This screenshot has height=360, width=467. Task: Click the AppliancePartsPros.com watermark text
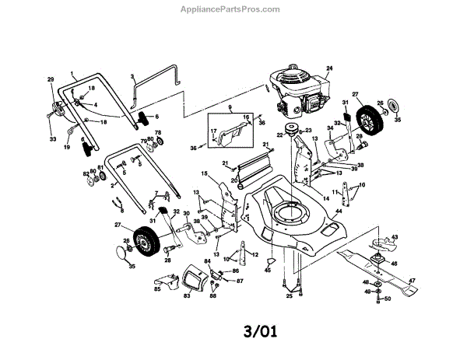(234, 9)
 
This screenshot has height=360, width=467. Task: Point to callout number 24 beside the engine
(329, 69)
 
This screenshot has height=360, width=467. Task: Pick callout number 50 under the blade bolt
(387, 299)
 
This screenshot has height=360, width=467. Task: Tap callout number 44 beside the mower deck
(339, 211)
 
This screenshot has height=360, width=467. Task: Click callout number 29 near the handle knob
(51, 80)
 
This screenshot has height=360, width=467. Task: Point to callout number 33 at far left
(53, 139)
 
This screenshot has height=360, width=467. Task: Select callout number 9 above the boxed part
(230, 105)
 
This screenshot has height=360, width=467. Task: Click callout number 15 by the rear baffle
(204, 173)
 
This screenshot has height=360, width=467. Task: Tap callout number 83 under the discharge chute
(187, 296)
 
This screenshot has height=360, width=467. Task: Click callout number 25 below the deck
(289, 296)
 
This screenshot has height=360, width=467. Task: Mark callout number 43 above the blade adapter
(394, 237)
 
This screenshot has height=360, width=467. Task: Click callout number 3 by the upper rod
(133, 77)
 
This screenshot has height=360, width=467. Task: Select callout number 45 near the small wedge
(268, 270)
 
